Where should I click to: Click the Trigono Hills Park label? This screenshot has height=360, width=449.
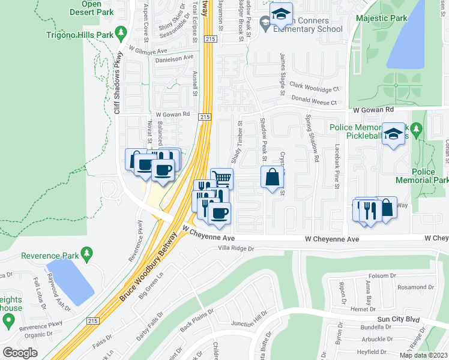[x=80, y=35]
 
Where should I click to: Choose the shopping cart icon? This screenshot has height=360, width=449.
[x=221, y=178]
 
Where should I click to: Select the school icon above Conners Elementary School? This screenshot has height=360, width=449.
[x=280, y=15]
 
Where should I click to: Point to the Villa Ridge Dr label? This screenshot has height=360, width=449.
[x=236, y=248]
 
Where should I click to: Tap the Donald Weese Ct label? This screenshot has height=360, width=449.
[x=315, y=103]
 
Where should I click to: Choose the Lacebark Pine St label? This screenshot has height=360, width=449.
[x=337, y=167]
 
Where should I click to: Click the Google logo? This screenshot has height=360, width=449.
[x=20, y=353]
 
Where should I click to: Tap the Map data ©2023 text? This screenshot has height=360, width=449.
[x=423, y=355]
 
